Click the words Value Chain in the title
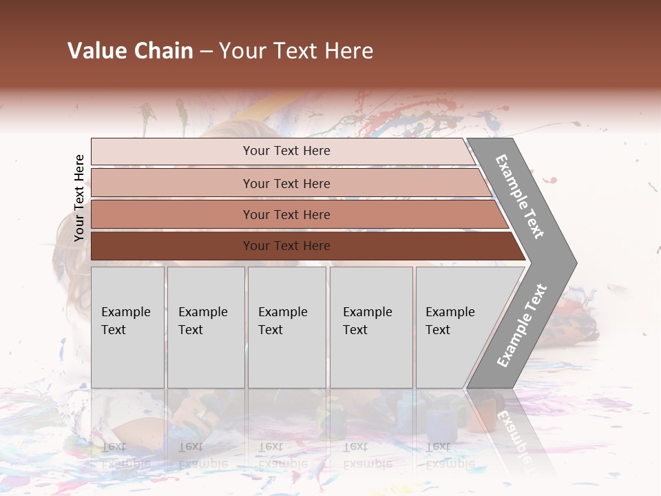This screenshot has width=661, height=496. (130, 51)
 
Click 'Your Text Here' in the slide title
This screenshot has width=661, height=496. (296, 51)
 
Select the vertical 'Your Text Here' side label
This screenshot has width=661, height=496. (79, 198)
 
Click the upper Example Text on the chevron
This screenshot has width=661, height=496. (520, 196)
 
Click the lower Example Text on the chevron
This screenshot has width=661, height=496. (522, 326)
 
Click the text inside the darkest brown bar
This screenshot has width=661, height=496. (286, 246)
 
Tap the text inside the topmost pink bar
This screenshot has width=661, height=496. (286, 151)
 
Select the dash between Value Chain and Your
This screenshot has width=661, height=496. (206, 52)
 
